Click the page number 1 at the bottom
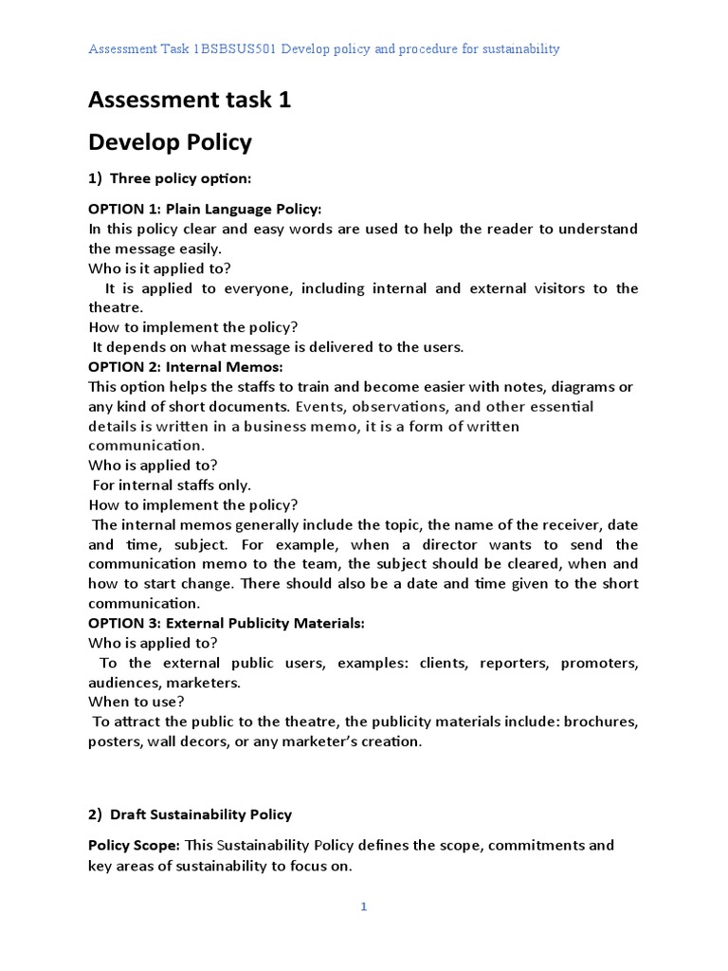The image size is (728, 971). [363, 907]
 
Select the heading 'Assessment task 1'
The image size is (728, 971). [190, 100]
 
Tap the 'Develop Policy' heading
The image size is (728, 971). [171, 142]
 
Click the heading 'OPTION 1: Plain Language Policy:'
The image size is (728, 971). [205, 209]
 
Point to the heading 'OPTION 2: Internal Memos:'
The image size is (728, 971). [186, 367]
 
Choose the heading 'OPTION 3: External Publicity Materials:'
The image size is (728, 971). [227, 623]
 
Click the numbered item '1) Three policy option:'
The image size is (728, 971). [170, 178]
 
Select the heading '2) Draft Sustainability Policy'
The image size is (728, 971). [191, 815]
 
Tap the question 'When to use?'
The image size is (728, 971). [136, 702]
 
